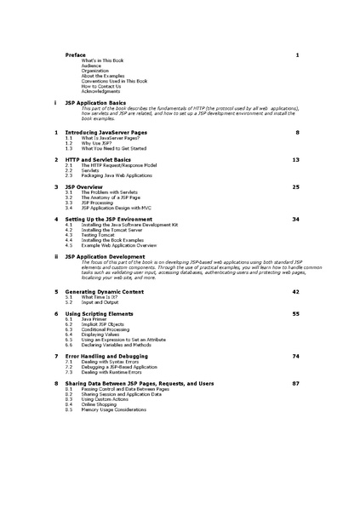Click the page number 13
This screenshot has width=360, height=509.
(295, 159)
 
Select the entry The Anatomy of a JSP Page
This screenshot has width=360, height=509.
(111, 197)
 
